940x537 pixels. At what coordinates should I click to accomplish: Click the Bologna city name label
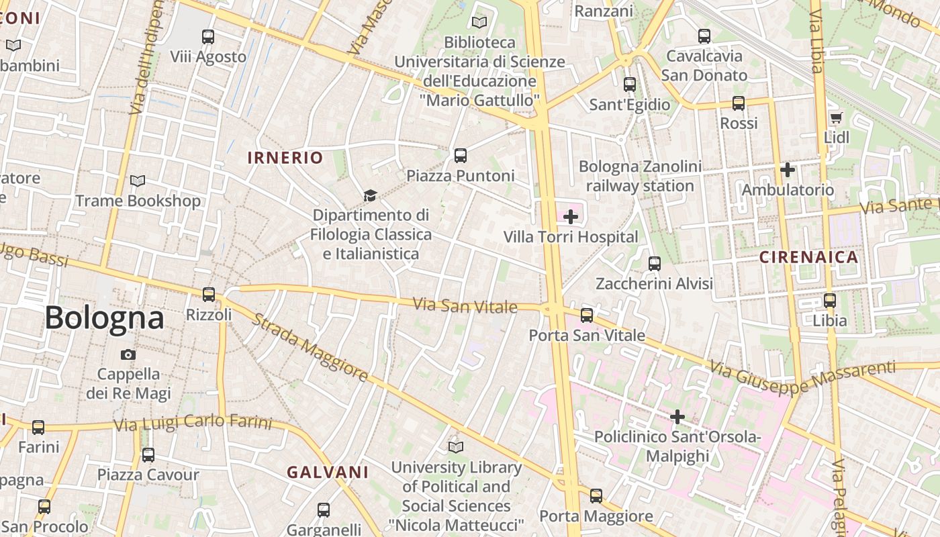[104, 318]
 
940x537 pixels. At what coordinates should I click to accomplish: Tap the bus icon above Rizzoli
[209, 294]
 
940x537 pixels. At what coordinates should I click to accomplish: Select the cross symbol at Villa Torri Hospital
[571, 217]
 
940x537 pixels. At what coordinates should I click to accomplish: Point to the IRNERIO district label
[285, 158]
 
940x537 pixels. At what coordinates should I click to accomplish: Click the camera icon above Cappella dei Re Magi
[128, 354]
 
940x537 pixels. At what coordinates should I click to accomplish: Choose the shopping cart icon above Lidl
[836, 118]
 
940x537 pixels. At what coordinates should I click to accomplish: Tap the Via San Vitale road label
[465, 306]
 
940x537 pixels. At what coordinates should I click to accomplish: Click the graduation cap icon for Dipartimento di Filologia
[369, 196]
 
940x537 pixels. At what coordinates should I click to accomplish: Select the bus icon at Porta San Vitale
[587, 315]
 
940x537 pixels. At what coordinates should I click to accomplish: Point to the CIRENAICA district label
[808, 257]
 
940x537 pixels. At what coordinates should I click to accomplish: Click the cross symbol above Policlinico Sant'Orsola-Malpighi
[677, 417]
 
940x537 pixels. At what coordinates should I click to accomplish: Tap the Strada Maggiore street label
[310, 346]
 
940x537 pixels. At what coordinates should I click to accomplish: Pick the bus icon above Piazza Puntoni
[461, 156]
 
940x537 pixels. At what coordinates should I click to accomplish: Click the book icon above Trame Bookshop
[138, 181]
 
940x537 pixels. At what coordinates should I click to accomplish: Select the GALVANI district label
[328, 472]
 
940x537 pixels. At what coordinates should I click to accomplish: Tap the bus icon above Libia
[830, 300]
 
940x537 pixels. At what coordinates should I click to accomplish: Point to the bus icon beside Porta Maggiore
[596, 496]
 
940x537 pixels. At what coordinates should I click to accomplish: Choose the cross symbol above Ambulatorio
[788, 170]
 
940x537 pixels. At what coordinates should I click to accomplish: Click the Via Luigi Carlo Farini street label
[193, 424]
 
